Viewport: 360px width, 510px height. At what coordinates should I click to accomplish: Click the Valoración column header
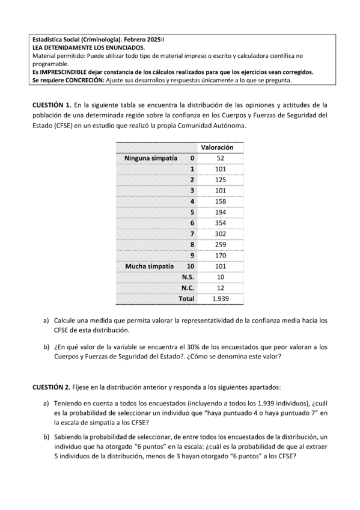coord(217,147)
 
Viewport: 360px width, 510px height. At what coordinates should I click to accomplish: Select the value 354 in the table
coord(220,223)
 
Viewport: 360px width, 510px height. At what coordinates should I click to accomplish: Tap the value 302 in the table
coord(220,233)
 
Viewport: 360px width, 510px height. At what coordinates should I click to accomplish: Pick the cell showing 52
coord(220,158)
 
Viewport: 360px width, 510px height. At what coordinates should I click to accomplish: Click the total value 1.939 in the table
coord(220,298)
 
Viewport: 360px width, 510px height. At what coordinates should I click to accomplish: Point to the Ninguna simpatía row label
coord(150,158)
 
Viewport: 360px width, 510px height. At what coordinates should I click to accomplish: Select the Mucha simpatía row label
coord(149,266)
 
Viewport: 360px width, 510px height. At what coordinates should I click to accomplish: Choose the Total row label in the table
coord(186,298)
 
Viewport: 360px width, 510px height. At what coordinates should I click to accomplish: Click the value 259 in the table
coord(220,244)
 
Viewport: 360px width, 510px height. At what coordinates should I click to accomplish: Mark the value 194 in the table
coord(220,212)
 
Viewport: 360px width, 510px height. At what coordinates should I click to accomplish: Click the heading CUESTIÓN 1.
coord(52,105)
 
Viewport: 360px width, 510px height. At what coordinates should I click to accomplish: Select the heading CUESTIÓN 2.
coord(52,386)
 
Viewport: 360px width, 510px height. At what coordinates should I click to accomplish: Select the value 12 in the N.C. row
coord(220,287)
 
